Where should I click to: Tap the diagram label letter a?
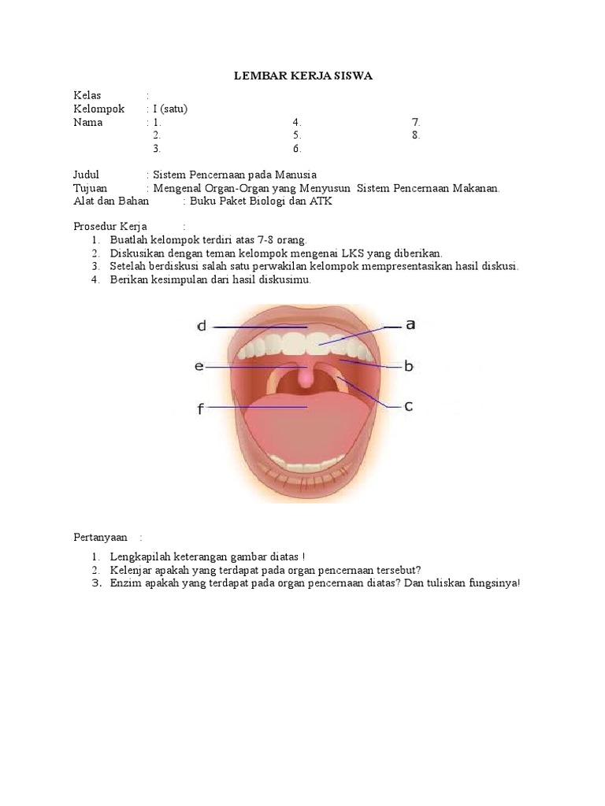point(410,324)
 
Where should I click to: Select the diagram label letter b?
point(409,366)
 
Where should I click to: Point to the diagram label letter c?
point(409,406)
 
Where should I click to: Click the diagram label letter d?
point(202,326)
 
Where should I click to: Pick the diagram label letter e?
point(199,367)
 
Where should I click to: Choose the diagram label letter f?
point(201,408)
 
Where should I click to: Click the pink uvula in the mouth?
point(306,379)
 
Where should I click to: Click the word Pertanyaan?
point(100,537)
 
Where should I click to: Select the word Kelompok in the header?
point(98,109)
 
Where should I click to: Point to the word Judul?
point(87,175)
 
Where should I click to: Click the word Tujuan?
point(90,188)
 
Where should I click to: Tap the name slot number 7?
point(416,123)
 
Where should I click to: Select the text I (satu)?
point(171,109)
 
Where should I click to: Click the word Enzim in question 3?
point(125,583)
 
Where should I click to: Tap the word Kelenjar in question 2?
point(131,570)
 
